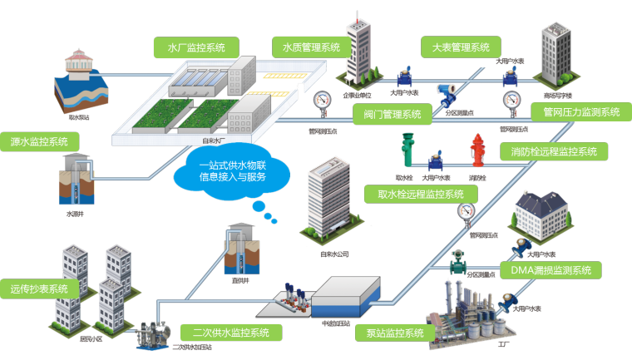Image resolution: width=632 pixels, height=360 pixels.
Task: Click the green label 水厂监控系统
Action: pyautogui.click(x=196, y=47)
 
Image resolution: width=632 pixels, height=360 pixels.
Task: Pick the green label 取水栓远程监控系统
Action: pyautogui.click(x=422, y=195)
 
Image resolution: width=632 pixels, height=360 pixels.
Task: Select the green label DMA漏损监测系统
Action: pyautogui.click(x=551, y=270)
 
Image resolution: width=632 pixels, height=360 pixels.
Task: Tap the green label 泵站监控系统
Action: pyautogui.click(x=395, y=333)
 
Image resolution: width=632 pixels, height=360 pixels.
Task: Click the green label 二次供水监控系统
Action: pyautogui.click(x=231, y=333)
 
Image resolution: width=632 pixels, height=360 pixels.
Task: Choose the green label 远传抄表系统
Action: pyautogui.click(x=39, y=289)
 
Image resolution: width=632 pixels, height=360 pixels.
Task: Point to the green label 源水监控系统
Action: pyautogui.click(x=38, y=141)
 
